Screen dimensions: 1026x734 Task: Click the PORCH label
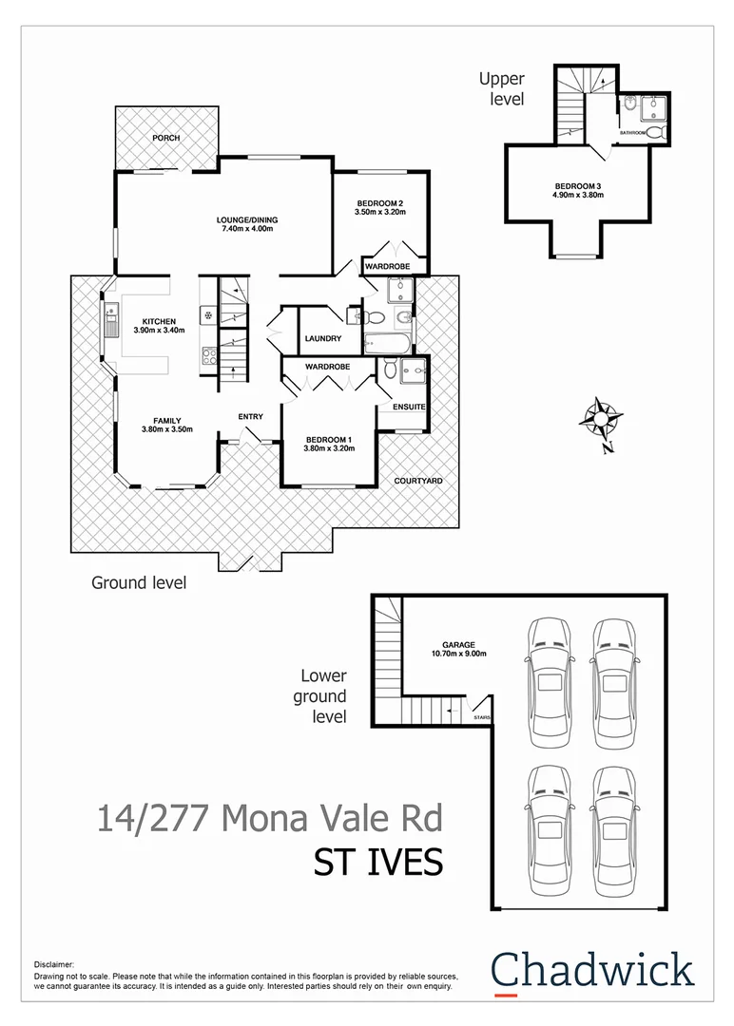click(166, 138)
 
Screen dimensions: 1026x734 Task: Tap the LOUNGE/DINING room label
click(246, 220)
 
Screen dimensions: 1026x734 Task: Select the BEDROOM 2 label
click(380, 202)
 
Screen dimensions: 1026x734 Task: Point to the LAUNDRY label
click(323, 338)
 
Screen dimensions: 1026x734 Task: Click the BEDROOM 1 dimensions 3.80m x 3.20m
click(329, 448)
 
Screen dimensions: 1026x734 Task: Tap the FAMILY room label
click(166, 420)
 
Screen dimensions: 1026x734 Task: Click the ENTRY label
click(250, 416)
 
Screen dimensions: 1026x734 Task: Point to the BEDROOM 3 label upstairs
click(578, 185)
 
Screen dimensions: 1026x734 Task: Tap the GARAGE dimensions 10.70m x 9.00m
click(458, 654)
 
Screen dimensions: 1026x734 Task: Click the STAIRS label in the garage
click(482, 716)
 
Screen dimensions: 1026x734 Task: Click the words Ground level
click(139, 582)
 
